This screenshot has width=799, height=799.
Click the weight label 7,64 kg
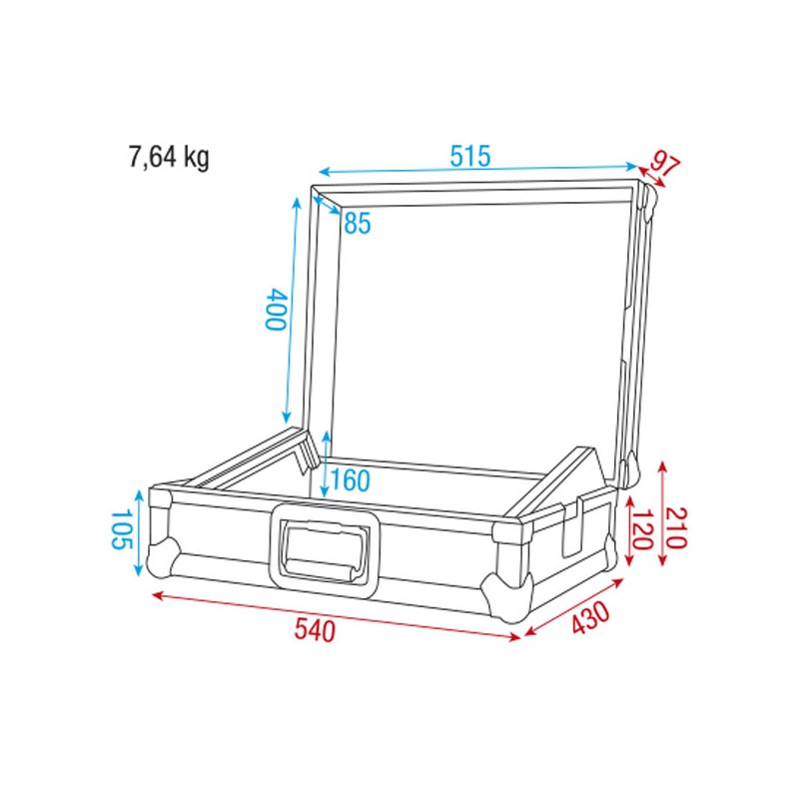(168, 157)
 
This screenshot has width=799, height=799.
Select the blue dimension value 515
(469, 157)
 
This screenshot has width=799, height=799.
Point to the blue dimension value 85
(357, 224)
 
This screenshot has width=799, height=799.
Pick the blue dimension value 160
(350, 481)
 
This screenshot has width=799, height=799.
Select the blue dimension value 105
(120, 530)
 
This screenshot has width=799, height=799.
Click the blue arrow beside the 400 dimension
(292, 310)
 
